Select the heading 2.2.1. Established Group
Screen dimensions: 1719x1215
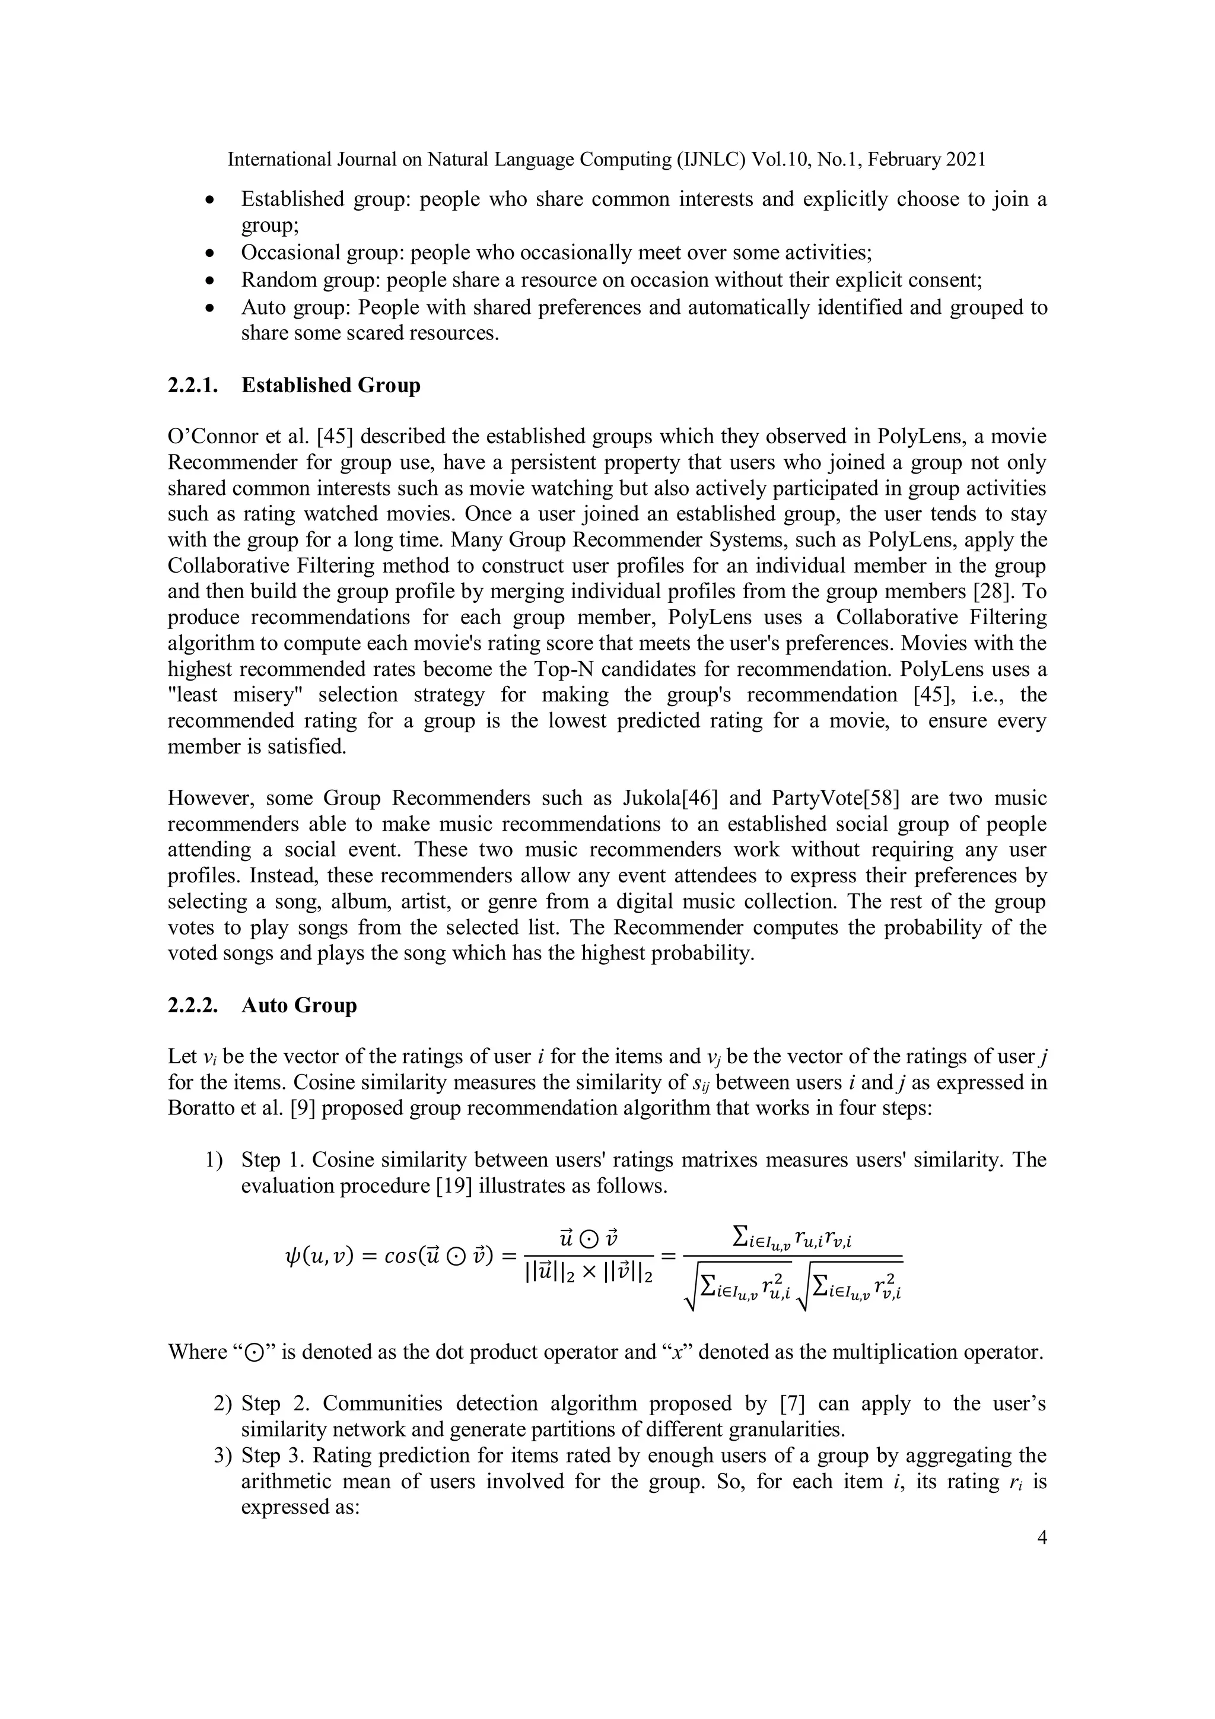tap(294, 386)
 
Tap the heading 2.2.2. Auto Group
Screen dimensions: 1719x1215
tap(262, 1006)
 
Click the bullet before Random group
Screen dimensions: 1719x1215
tap(211, 281)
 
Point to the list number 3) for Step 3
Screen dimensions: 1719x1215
tap(223, 1456)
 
